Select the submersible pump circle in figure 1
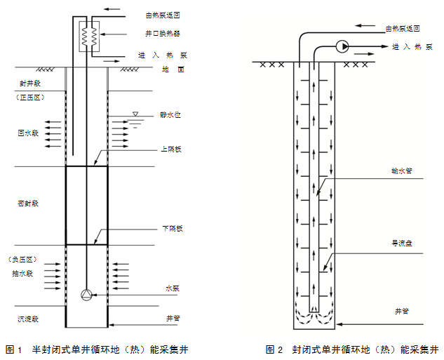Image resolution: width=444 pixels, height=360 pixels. pos(86,295)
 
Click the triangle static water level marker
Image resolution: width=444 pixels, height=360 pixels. pos(136,114)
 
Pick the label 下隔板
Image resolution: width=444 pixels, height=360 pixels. pos(172,229)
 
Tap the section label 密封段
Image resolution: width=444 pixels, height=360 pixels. pos(27,203)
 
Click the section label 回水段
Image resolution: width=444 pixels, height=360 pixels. pos(27,132)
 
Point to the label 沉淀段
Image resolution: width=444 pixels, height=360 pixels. pos(27,319)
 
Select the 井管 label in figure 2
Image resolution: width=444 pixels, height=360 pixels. pos(401,309)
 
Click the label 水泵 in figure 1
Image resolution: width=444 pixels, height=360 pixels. pos(173,288)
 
